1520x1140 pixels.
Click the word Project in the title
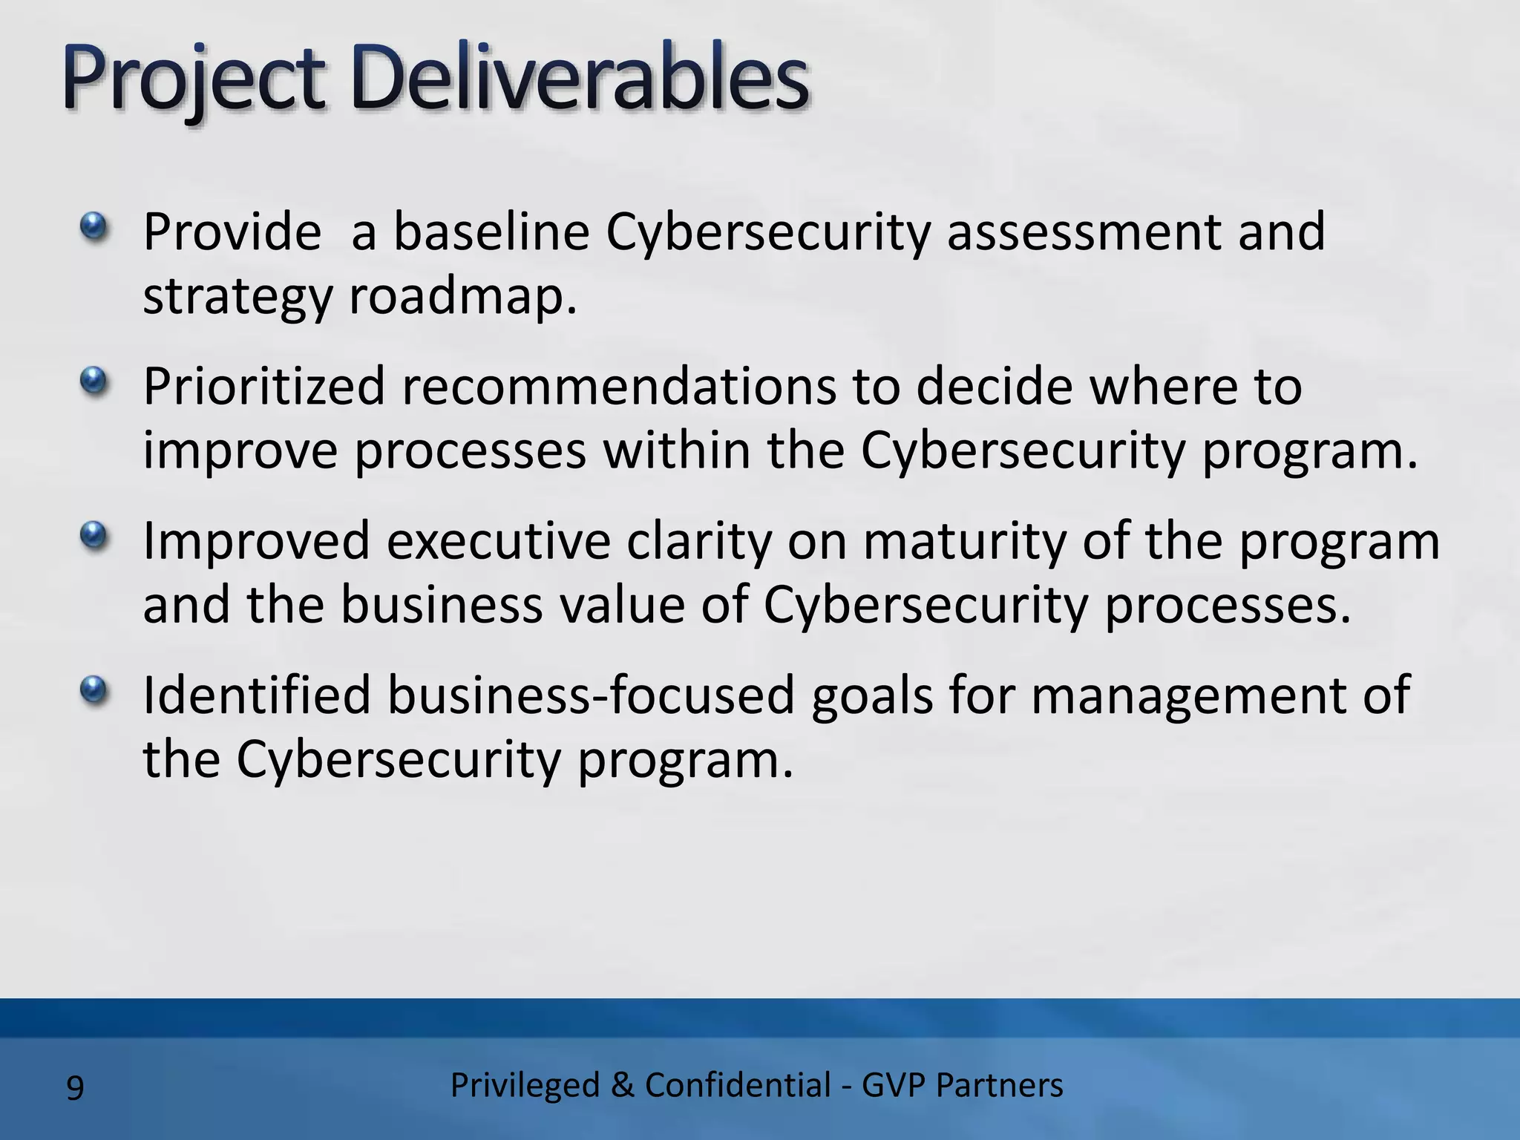tap(194, 80)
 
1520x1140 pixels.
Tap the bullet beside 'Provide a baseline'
tap(94, 226)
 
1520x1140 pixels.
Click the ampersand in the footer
tap(622, 1085)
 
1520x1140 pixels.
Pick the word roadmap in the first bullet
tap(462, 297)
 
